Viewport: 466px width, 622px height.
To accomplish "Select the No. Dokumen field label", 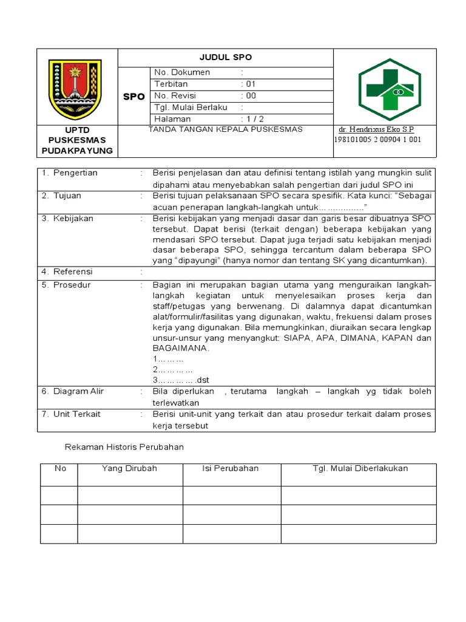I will point(182,73).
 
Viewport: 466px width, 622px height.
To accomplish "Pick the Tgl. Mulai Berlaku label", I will point(191,108).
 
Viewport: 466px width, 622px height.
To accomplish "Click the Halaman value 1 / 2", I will point(252,119).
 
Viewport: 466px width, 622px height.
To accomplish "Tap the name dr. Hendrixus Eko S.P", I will point(376,130).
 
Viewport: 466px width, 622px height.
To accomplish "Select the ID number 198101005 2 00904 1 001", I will point(377,140).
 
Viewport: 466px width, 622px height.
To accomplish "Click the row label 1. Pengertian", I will point(70,173).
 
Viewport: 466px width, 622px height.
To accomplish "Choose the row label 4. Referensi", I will point(67,272).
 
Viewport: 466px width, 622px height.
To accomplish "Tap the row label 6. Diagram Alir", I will point(73,391).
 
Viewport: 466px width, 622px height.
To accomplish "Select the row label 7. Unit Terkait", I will point(71,414).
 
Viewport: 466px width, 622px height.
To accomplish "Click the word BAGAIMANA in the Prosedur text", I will point(181,349).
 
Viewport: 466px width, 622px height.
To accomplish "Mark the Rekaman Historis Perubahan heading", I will point(124,447).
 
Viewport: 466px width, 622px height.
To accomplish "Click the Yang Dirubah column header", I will point(129,468).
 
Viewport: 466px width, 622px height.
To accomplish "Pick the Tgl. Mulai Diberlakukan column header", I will point(360,468).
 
